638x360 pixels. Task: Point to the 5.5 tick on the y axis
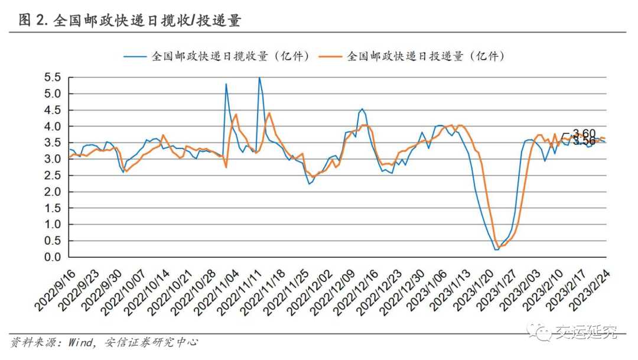pyautogui.click(x=53, y=77)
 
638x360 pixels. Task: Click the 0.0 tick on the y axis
pyautogui.click(x=53, y=257)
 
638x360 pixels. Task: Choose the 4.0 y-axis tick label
pyautogui.click(x=53, y=127)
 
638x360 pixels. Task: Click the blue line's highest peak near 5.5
pyautogui.click(x=259, y=77)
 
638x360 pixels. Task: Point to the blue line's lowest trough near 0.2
pyautogui.click(x=496, y=249)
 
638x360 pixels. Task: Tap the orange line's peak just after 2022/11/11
pyautogui.click(x=269, y=113)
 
